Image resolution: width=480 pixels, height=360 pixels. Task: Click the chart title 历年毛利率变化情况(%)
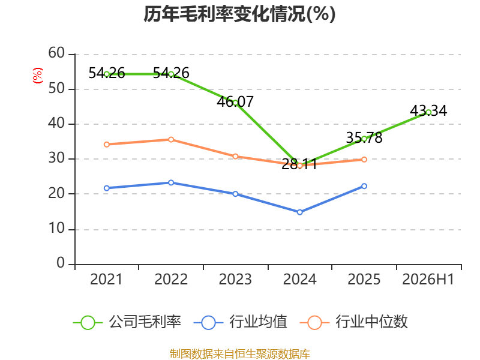239,14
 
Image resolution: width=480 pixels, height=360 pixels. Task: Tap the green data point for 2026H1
428,112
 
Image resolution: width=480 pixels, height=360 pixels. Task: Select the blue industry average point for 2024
299,212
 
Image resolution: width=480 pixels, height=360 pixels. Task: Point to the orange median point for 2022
171,140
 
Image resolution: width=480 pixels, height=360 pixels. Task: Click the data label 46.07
235,101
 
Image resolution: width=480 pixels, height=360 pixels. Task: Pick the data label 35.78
364,138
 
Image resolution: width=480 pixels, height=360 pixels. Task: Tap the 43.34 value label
428,111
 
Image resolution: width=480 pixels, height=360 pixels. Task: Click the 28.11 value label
299,164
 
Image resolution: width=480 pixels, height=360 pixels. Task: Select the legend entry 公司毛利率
127,322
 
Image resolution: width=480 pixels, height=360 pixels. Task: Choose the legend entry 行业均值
241,322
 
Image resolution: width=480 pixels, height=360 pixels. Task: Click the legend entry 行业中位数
354,322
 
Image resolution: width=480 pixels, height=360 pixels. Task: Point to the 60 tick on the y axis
56,53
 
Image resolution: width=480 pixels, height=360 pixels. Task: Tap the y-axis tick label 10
56,229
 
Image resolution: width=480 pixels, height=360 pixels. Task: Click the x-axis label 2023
235,279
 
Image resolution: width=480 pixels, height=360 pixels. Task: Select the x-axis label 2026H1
428,279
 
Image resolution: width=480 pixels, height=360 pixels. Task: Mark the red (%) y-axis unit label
38,76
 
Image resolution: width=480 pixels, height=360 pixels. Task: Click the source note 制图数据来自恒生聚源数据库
240,354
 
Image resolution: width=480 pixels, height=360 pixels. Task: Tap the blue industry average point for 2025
364,186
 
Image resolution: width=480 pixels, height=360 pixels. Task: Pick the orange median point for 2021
107,145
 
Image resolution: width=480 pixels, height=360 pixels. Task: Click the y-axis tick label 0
61,263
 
